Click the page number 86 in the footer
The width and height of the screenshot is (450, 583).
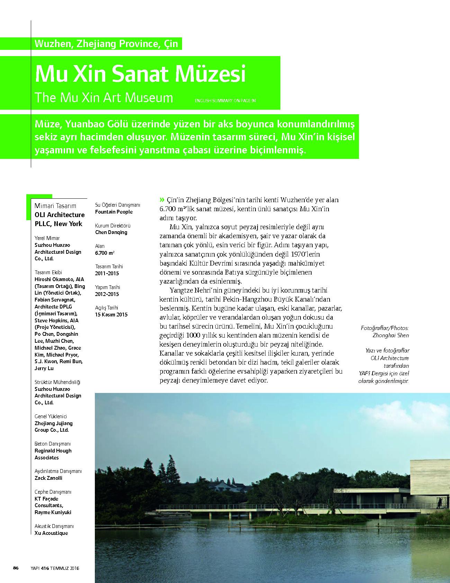pos(16,568)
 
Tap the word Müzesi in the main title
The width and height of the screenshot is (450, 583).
pos(210,74)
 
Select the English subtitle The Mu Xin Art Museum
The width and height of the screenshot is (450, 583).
pos(104,98)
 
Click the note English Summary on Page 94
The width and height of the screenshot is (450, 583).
pos(225,101)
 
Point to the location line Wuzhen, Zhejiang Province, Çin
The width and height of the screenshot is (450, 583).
pos(106,44)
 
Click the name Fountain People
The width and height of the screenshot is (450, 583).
pos(114,212)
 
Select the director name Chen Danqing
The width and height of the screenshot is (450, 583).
pos(111,232)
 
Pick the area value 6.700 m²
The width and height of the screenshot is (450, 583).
pos(105,253)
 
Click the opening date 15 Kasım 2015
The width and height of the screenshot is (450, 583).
pos(111,315)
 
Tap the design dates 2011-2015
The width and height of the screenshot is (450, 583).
pos(107,273)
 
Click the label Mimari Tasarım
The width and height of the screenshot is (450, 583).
pos(55,206)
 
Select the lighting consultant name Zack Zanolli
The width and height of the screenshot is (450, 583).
pos(48,478)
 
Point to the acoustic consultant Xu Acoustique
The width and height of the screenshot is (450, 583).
pos(51,533)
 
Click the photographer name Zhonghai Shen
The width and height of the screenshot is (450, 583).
pos(390,335)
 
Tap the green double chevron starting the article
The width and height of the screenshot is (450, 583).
pos(162,200)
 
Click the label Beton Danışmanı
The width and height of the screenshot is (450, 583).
pos(53,444)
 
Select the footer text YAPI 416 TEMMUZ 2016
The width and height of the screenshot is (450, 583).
pos(55,568)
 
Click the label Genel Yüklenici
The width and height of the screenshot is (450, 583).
pos(51,416)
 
